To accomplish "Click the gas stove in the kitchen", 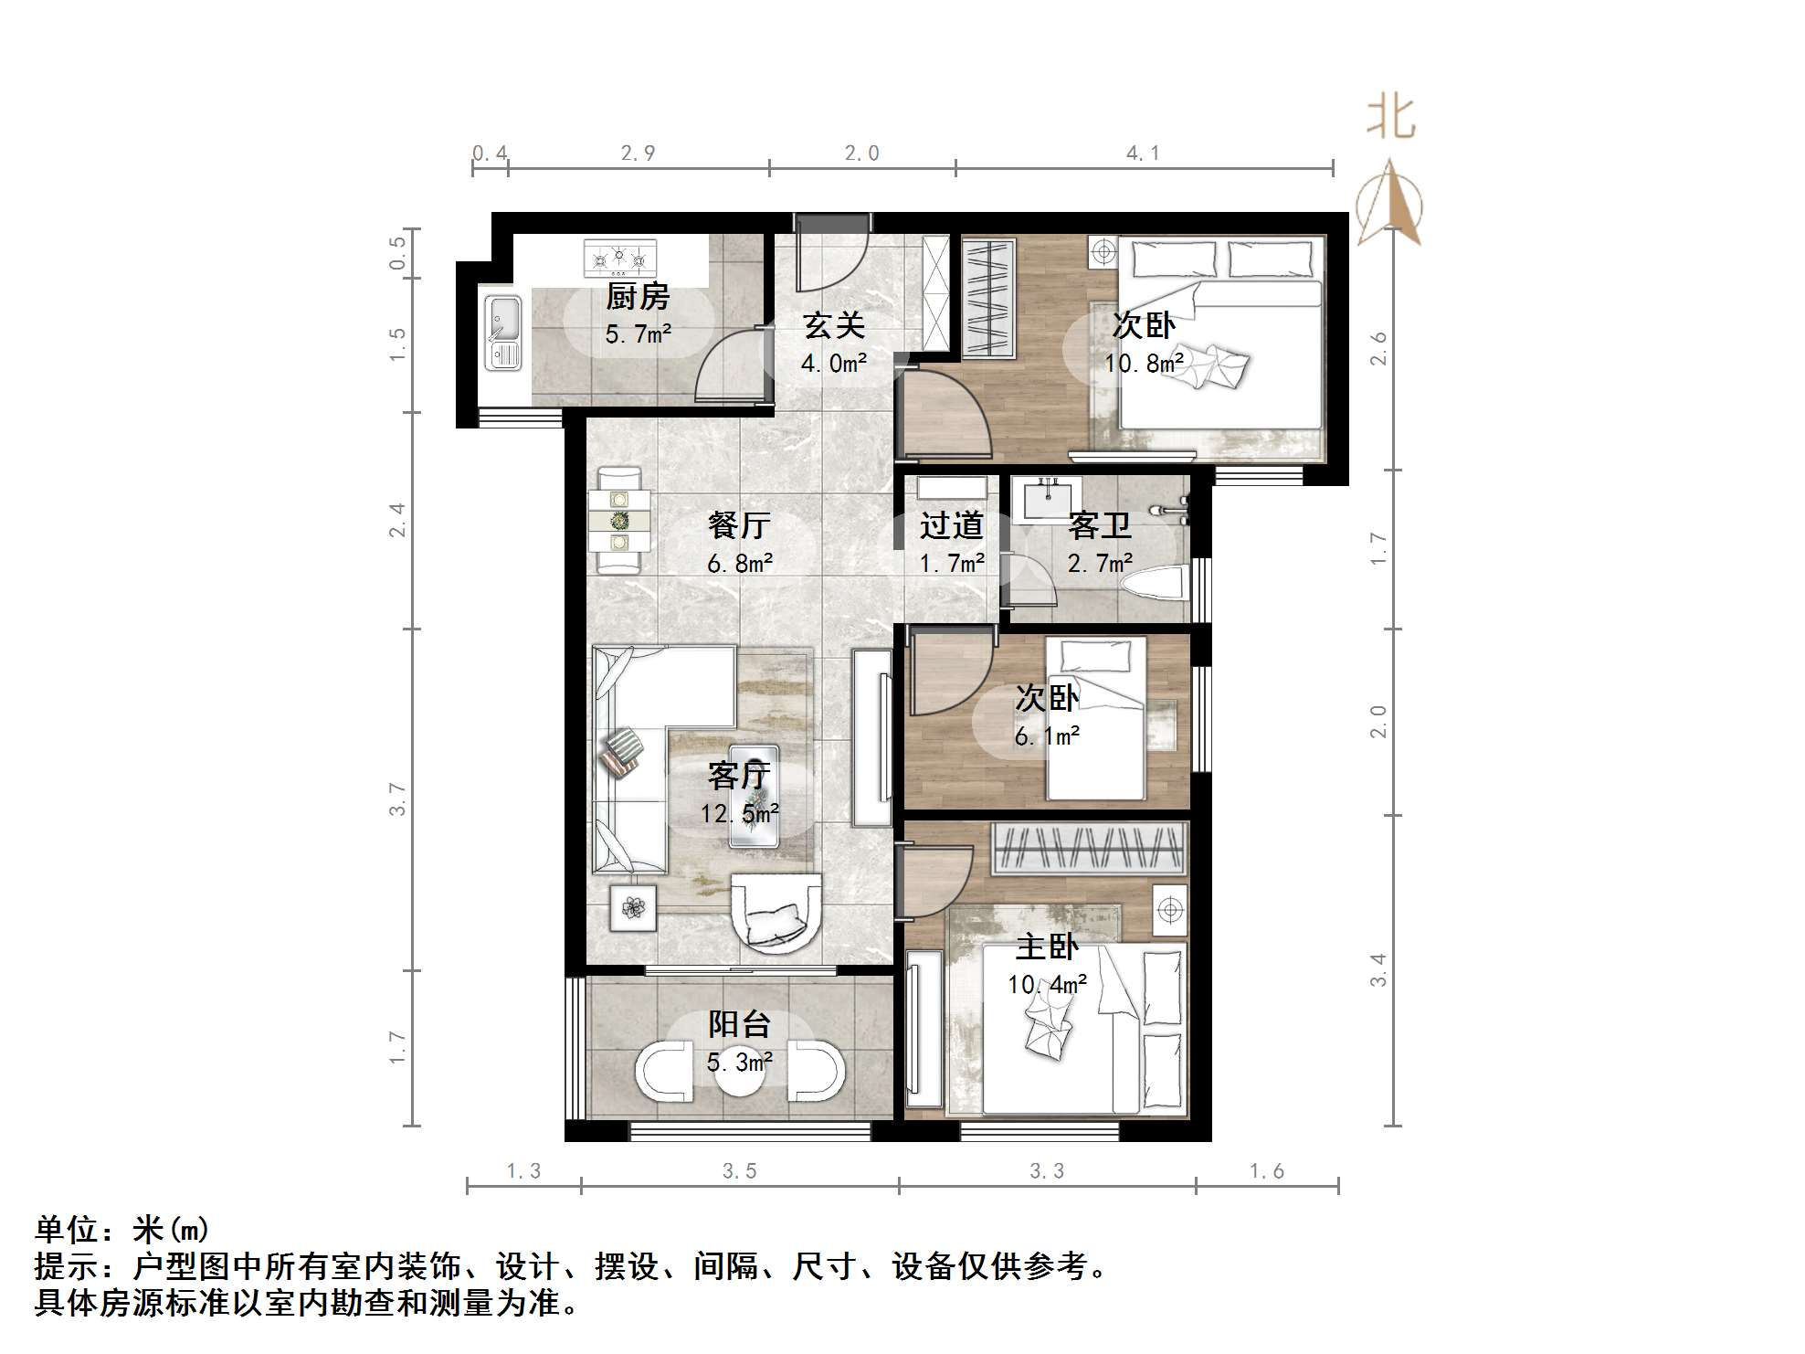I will (620, 258).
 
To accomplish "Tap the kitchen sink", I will (502, 333).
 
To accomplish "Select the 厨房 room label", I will (638, 297).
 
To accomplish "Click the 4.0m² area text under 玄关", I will (833, 364).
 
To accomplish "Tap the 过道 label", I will (951, 525).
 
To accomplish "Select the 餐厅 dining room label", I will (739, 525).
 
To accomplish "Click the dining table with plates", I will (620, 521).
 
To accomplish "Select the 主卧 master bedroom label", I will (1047, 947).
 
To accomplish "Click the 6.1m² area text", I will (1047, 735).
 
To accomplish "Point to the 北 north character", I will (1390, 119).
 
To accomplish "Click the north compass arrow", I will (1389, 203).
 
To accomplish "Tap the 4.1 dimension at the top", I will (1143, 153).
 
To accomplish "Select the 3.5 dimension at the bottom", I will (739, 1171).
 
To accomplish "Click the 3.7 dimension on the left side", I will (396, 799).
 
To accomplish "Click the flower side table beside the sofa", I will (633, 907).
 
